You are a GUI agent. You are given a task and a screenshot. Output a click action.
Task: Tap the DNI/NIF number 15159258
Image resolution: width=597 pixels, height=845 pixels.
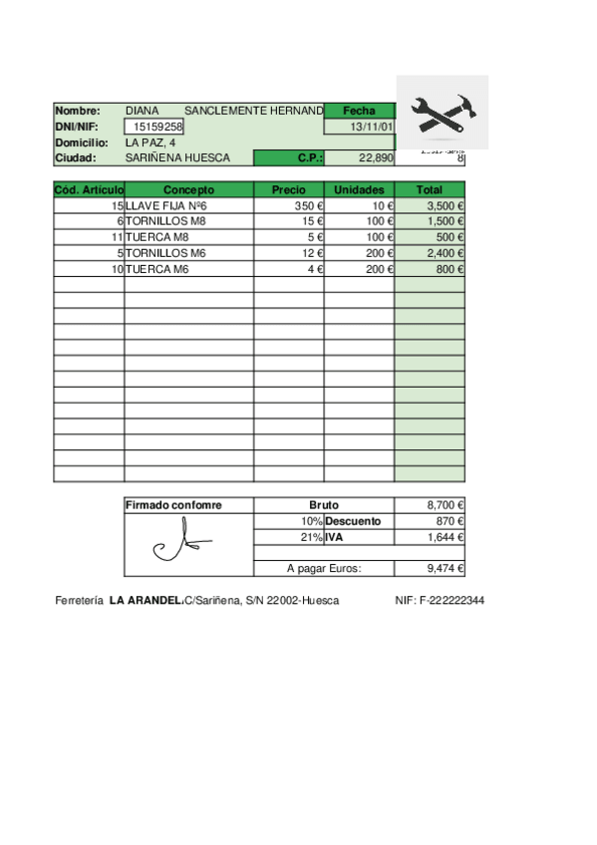[x=157, y=127]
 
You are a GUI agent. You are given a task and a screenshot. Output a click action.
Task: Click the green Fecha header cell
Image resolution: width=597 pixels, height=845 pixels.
[x=359, y=111]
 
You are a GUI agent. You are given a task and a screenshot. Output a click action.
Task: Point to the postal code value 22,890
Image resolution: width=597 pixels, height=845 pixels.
[x=376, y=158]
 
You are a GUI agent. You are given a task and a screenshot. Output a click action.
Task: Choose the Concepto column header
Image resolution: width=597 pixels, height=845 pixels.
[x=188, y=189]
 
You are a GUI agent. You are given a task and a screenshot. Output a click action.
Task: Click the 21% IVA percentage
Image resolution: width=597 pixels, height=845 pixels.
[x=311, y=537]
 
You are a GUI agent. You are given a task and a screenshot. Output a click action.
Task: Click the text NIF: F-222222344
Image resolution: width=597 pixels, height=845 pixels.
[x=440, y=600]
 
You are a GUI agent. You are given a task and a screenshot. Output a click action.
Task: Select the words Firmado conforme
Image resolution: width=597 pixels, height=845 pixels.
[x=173, y=505]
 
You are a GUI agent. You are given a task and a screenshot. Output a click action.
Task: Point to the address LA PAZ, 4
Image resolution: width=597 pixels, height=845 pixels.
[x=150, y=142]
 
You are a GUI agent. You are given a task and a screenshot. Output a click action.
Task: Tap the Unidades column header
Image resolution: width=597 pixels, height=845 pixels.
[x=359, y=189]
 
